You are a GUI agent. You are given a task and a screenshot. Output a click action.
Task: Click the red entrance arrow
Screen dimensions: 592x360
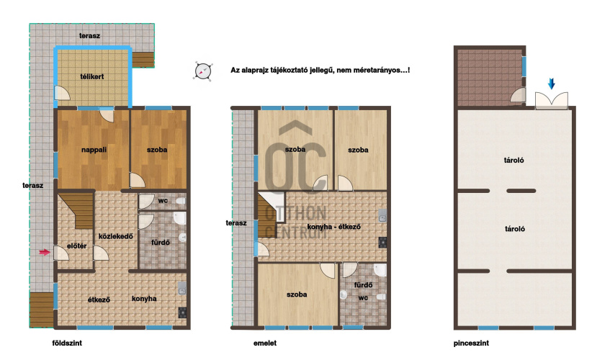tap(45, 252)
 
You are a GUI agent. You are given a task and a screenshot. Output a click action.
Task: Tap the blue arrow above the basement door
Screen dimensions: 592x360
tap(551, 84)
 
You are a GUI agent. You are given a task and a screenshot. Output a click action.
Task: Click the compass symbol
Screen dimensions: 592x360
tap(203, 71)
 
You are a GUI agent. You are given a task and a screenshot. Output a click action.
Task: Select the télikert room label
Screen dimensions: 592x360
tap(91, 76)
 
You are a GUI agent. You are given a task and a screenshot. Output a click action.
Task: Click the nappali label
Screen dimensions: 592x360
tap(94, 150)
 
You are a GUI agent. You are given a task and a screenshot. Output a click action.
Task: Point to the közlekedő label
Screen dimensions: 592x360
tap(115, 237)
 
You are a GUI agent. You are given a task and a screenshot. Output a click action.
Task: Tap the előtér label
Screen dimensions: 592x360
tap(76, 246)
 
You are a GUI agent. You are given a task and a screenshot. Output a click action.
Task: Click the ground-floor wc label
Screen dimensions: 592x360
tap(163, 201)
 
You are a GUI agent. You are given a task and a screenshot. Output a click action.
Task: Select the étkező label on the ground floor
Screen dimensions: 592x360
tap(99, 300)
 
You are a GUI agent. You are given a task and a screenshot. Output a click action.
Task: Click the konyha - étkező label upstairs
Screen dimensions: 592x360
tap(333, 227)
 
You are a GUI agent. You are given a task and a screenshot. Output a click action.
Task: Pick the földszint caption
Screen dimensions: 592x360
tap(67, 343)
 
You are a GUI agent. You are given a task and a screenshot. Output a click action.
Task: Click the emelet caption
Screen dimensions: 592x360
tap(264, 343)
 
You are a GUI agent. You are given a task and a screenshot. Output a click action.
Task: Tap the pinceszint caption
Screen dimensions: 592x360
tap(471, 343)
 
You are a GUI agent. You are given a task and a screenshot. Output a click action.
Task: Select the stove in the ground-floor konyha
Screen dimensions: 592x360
tap(182, 312)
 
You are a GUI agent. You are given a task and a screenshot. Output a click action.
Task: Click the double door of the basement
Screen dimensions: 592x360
tap(551, 100)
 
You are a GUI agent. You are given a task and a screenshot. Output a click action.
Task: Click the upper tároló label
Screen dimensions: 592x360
tap(513, 160)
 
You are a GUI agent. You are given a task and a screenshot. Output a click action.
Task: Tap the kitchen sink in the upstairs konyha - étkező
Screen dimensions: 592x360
tap(382, 216)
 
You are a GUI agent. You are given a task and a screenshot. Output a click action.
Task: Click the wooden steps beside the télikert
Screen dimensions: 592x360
tap(143, 60)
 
